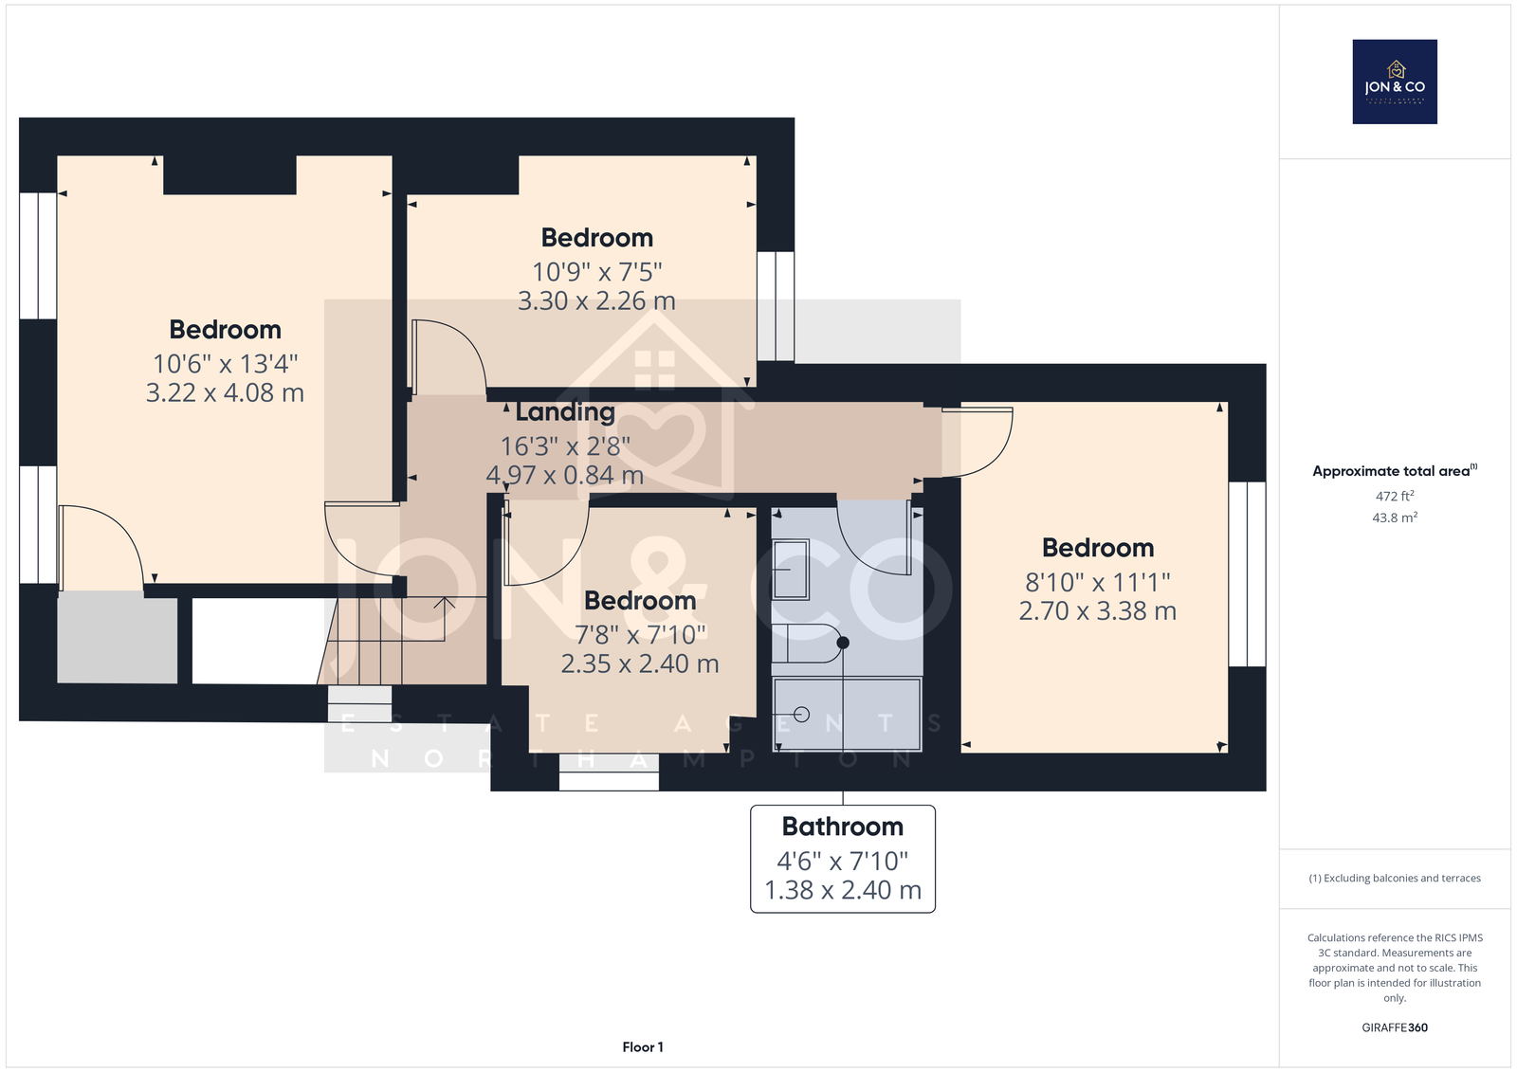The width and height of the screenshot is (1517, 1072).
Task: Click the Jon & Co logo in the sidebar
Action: tap(1395, 82)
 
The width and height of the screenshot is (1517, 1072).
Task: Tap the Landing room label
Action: tap(565, 411)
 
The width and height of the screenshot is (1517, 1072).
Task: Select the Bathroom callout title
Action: tap(843, 827)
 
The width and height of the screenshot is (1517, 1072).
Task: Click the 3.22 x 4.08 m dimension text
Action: tap(225, 392)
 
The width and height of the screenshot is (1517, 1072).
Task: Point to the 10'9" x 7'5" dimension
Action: tap(596, 272)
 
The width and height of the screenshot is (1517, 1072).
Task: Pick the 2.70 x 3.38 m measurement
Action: tap(1097, 610)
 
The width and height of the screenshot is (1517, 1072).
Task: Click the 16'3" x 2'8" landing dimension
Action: tap(565, 446)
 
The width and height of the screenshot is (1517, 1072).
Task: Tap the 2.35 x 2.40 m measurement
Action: tap(639, 663)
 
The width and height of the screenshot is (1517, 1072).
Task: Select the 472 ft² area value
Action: tap(1395, 496)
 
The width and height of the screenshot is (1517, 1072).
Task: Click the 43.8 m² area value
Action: tap(1395, 518)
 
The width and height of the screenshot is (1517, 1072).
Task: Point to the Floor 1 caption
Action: tap(643, 1047)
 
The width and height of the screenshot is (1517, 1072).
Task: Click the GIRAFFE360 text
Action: tap(1395, 1027)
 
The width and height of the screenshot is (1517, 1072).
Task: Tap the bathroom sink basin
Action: tap(791, 570)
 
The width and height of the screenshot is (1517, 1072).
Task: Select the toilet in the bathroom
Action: tap(810, 643)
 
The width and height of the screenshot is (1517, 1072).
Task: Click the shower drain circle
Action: tap(801, 715)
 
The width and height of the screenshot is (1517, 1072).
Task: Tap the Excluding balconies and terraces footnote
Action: tap(1395, 878)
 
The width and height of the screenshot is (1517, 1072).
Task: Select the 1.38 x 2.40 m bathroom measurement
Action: tap(843, 890)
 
